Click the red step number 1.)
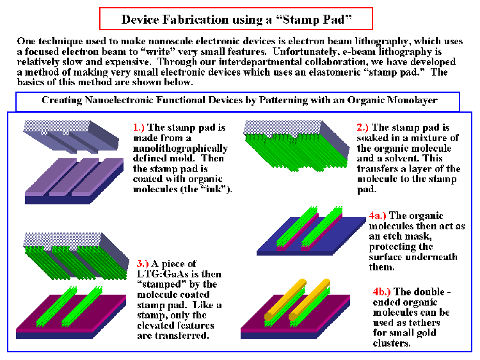coord(138,127)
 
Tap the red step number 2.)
coord(362,127)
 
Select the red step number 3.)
coord(143,263)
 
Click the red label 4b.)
coord(381,291)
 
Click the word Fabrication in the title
coord(195,20)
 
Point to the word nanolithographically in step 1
coord(180,148)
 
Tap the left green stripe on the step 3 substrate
coord(56,306)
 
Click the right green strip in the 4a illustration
coord(322,227)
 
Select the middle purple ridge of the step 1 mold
coord(74,177)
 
